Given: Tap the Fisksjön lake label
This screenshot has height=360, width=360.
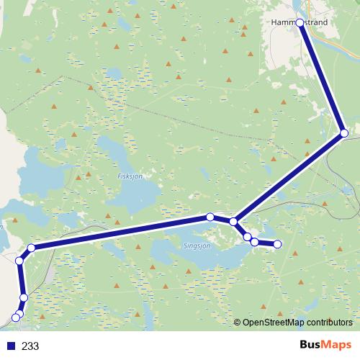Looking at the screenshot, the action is pos(127,175).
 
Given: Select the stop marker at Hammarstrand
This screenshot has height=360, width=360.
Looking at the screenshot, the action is pos(300,23).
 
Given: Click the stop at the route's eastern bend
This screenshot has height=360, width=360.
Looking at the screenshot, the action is pos(344,133).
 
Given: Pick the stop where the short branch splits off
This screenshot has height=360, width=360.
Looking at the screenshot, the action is pos(233,222).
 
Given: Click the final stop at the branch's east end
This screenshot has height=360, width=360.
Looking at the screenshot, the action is pos(278,244).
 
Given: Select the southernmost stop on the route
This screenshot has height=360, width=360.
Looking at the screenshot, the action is pos(16,318).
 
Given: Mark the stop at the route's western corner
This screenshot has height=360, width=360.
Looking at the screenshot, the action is pos(31,248).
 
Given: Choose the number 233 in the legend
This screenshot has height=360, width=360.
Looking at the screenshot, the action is pos(30,346).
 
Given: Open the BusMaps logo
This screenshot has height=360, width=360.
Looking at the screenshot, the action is pos(325,345).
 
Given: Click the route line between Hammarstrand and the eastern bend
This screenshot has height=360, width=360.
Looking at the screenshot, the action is pos(322,78).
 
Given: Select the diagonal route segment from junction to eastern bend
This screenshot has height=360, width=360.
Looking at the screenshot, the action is pos(288,178).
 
